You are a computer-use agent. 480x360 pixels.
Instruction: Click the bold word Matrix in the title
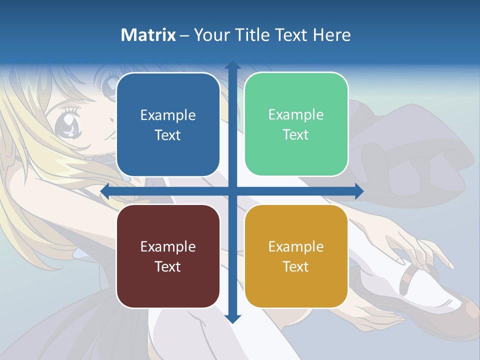click(x=148, y=35)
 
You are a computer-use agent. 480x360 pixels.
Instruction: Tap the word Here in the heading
click(x=332, y=35)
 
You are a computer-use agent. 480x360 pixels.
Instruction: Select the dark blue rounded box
click(x=168, y=124)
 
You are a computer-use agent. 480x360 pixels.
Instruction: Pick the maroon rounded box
click(x=168, y=256)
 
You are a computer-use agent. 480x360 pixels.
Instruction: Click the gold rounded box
click(x=296, y=256)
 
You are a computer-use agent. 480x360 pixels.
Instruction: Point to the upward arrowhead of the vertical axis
click(x=232, y=65)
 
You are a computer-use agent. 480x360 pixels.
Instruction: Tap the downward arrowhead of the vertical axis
click(x=232, y=319)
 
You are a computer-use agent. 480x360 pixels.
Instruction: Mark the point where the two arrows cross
click(x=232, y=191)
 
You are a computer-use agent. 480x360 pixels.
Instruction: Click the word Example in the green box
click(x=296, y=115)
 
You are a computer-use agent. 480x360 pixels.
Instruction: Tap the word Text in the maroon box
click(x=168, y=266)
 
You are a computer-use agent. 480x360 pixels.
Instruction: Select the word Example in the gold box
click(x=296, y=246)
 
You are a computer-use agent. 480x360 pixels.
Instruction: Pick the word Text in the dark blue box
click(x=168, y=135)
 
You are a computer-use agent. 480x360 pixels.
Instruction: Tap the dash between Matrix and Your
click(x=184, y=35)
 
